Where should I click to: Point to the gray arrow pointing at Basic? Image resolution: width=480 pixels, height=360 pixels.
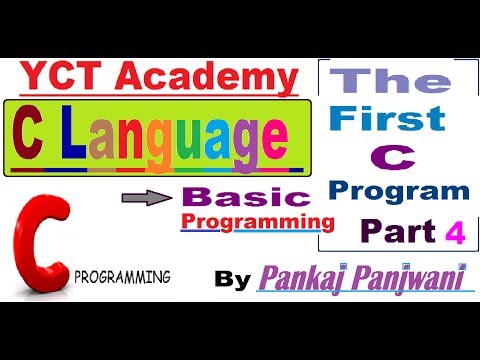pyautogui.click(x=153, y=199)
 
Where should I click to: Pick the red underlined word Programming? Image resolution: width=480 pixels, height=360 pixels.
pyautogui.click(x=256, y=218)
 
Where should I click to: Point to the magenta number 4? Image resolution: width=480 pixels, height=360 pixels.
pyautogui.click(x=456, y=232)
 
